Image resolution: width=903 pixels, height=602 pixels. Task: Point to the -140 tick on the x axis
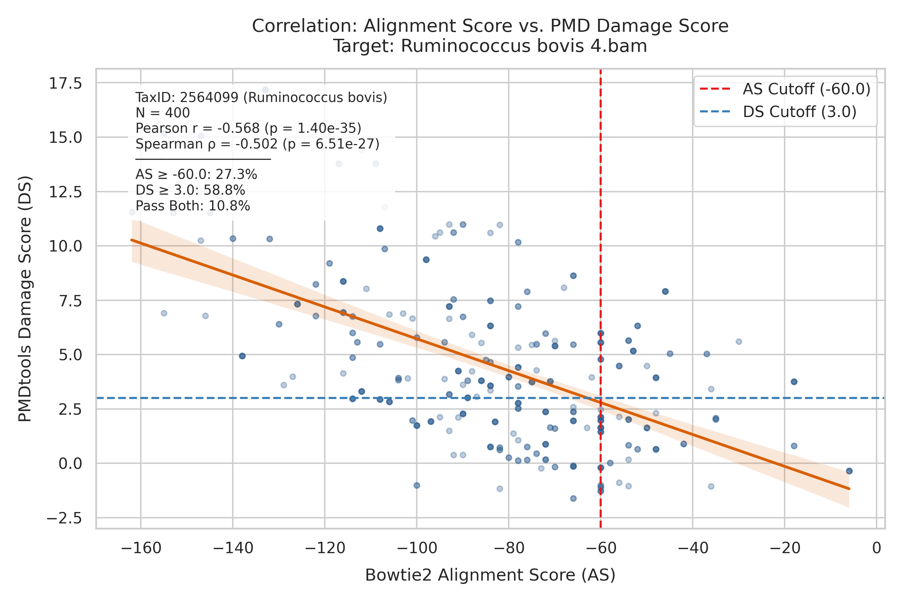(233, 548)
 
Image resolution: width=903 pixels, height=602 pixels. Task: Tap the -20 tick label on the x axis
(785, 548)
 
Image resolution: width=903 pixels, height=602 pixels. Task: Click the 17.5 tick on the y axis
(65, 83)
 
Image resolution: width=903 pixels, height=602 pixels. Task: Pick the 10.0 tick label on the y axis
(65, 246)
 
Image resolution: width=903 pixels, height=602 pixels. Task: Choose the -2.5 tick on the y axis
(64, 518)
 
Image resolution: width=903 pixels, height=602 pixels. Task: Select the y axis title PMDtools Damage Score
(25, 299)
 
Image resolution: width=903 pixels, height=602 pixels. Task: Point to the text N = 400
(163, 113)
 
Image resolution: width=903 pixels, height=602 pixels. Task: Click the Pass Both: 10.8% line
(193, 206)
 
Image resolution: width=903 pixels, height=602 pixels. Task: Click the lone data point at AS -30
(739, 342)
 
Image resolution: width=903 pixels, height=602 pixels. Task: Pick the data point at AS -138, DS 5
(242, 356)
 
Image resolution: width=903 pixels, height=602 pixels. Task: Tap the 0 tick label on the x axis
(877, 548)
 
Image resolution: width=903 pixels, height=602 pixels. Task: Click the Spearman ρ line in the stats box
(257, 144)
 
